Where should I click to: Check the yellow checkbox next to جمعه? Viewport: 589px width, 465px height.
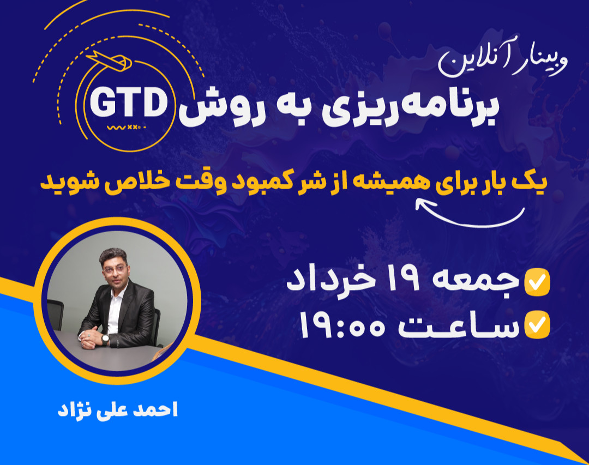click(537, 282)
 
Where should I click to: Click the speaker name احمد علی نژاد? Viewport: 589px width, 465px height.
click(118, 410)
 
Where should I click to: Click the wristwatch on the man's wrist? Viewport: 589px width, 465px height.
click(105, 340)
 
